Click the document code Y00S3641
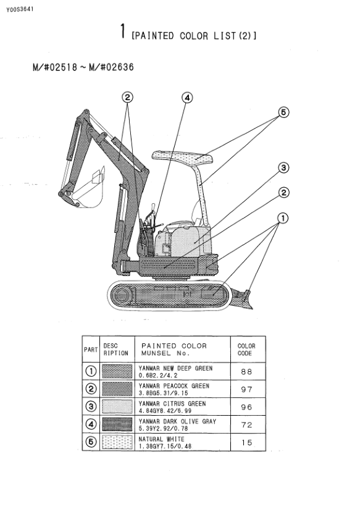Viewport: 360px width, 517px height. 19,9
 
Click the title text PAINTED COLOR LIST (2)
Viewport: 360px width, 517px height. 194,36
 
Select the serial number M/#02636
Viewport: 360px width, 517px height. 111,67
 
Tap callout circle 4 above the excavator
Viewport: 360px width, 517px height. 187,98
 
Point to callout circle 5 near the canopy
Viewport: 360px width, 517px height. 283,112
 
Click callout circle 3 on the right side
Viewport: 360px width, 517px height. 283,168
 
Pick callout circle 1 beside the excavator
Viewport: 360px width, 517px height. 283,218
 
